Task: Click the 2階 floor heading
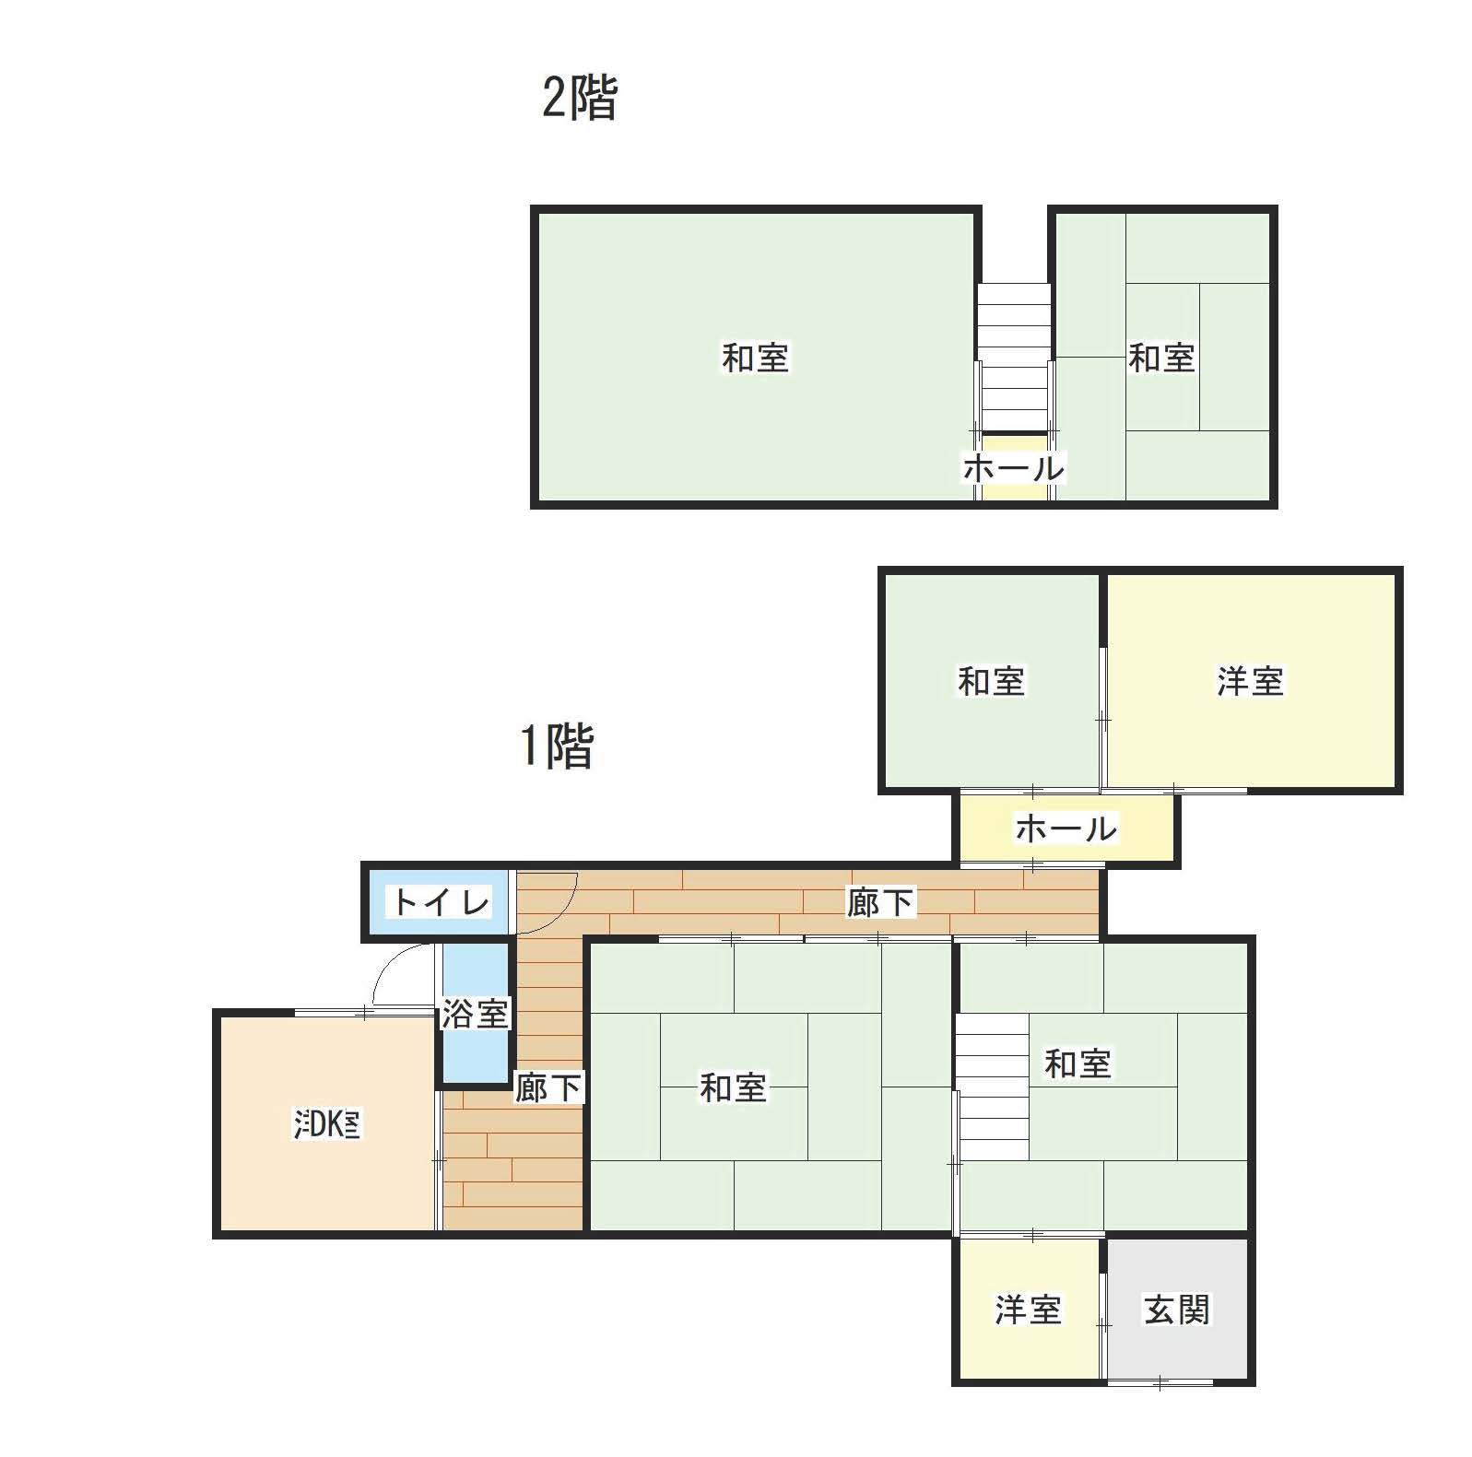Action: click(x=579, y=98)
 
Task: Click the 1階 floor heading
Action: click(x=557, y=746)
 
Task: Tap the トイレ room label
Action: click(x=441, y=901)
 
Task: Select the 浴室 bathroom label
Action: click(x=475, y=1014)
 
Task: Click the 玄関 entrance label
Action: click(x=1176, y=1309)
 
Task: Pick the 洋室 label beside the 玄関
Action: click(x=1028, y=1309)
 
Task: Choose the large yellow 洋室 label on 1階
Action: click(x=1250, y=681)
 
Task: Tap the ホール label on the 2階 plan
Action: click(x=1013, y=468)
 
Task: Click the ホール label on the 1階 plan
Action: click(x=1066, y=828)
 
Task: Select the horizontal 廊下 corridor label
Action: click(x=880, y=902)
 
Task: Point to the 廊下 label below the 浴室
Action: click(x=548, y=1087)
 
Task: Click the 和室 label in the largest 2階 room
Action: click(x=755, y=358)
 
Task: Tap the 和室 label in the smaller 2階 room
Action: click(x=1161, y=358)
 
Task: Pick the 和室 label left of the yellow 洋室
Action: click(x=991, y=681)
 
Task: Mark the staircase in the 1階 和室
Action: click(x=992, y=1087)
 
